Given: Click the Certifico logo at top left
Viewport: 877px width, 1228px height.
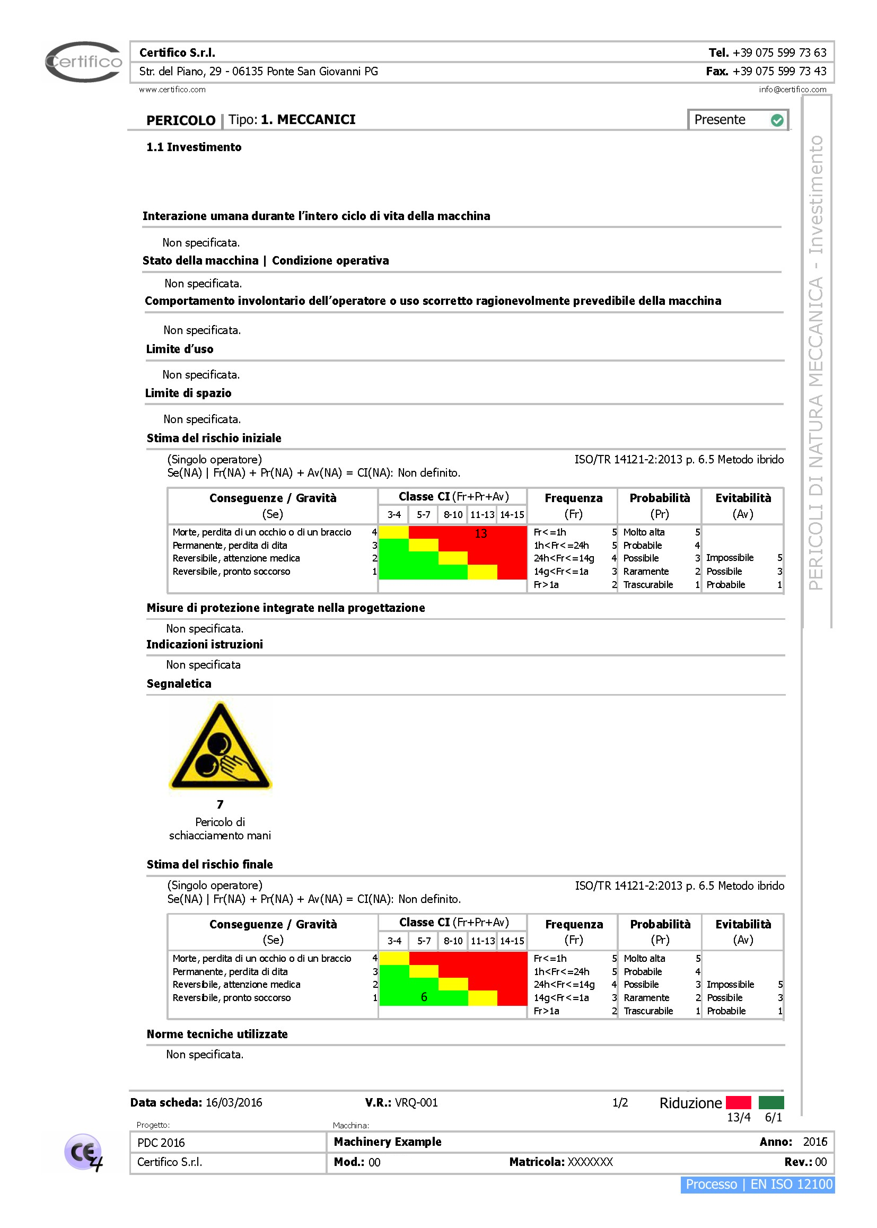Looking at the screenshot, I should tap(84, 62).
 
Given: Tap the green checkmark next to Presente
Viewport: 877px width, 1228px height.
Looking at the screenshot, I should tap(777, 120).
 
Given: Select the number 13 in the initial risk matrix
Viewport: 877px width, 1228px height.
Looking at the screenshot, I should tap(480, 533).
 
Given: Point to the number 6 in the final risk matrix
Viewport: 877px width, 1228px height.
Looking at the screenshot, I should tap(424, 997).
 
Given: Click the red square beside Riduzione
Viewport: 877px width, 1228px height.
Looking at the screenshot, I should tap(738, 1102).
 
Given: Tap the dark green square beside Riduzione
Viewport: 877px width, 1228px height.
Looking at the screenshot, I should tap(771, 1102).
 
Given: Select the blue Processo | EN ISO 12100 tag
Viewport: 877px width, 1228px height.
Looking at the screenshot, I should tap(758, 1185).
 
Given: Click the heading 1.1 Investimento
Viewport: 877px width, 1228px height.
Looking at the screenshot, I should tap(194, 147).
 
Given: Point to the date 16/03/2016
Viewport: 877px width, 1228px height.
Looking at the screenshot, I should tap(234, 1102).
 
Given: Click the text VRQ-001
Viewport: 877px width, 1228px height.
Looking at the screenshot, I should tap(416, 1102).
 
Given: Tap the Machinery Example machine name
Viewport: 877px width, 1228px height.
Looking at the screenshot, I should tap(387, 1142).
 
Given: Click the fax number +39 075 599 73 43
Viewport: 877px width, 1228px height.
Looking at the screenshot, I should tap(779, 71).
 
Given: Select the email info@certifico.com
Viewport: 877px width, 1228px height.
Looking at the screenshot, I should tap(792, 90).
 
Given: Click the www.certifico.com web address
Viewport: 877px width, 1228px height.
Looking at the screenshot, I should tap(172, 90).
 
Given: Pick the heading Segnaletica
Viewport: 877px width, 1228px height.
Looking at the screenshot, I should tap(179, 683).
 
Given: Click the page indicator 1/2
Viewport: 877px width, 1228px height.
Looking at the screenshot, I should tap(620, 1102).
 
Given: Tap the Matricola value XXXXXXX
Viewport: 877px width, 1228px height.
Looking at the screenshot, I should tap(590, 1162).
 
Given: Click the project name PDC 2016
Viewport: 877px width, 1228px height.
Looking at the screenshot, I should tap(161, 1143).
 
